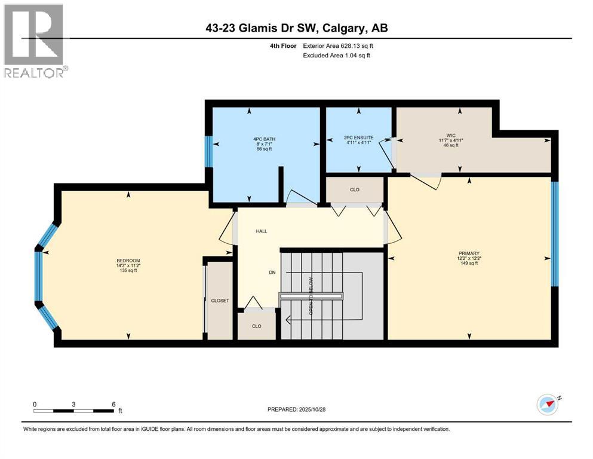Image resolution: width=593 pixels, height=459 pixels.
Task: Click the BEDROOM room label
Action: coord(128,261)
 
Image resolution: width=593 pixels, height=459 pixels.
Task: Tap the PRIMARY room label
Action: coord(470,253)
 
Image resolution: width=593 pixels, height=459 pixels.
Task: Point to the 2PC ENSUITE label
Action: coord(358,137)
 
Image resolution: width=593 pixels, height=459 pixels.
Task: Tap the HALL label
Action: coord(262,231)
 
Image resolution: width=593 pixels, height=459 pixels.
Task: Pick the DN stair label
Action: coord(272,273)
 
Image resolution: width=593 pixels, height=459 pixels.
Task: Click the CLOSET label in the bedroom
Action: coord(220,301)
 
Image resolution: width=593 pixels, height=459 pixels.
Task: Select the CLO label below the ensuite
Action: coord(354,189)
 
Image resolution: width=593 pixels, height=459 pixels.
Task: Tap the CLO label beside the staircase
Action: coord(257,326)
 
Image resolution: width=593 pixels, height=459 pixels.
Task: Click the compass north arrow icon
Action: coord(547,405)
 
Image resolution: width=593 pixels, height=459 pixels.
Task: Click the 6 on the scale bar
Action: coord(113,404)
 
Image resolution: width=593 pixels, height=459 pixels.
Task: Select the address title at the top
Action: coord(296,28)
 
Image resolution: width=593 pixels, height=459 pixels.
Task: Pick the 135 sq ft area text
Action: coord(128,271)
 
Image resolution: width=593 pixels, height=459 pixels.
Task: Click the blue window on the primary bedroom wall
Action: coord(554,233)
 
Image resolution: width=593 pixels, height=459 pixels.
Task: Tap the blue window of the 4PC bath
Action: coord(208,152)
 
